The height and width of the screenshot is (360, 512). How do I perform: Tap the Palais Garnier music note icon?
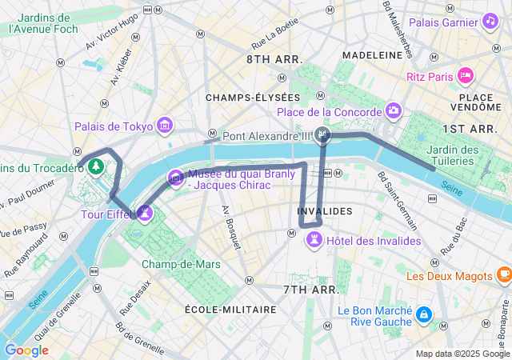click(x=489, y=21)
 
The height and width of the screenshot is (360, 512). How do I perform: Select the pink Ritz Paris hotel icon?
click(x=466, y=76)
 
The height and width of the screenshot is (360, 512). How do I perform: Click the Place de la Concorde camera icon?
click(x=393, y=110)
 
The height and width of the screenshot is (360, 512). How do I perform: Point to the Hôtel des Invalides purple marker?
click(x=315, y=239)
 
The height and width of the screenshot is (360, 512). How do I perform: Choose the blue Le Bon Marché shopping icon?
click(x=423, y=315)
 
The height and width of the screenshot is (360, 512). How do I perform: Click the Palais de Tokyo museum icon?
click(x=165, y=125)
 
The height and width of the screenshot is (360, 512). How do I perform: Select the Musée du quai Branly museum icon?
click(x=174, y=177)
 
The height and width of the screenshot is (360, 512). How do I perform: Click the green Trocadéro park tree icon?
click(x=96, y=166)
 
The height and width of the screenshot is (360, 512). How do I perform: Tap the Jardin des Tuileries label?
click(x=453, y=155)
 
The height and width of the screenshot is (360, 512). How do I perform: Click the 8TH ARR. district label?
click(x=274, y=59)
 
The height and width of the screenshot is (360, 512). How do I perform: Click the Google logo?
click(x=26, y=350)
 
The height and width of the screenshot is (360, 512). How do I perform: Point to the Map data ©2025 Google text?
click(x=462, y=354)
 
